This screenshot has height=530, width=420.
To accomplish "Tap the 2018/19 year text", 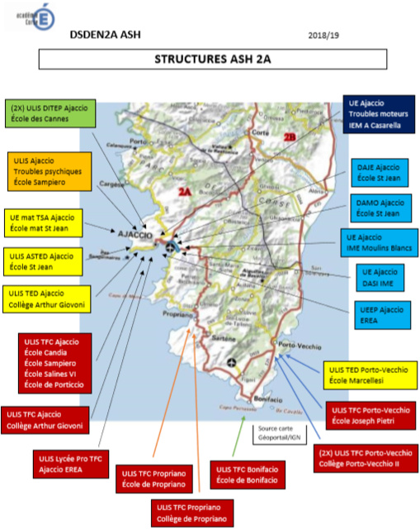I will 323,35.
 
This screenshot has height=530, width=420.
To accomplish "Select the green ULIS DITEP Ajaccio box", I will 49,112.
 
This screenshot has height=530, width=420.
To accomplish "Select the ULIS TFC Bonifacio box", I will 245,475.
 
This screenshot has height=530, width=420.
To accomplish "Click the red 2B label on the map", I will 289,136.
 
